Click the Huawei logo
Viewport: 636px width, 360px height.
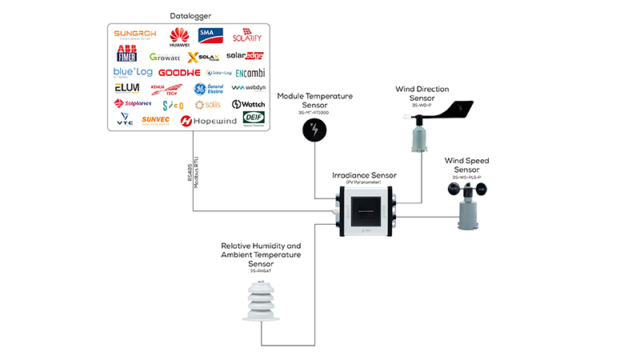pyautogui.click(x=179, y=36)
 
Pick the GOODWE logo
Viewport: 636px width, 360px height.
pyautogui.click(x=178, y=72)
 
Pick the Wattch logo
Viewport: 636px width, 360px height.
pyautogui.click(x=247, y=105)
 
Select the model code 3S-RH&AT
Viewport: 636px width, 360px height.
pyautogui.click(x=261, y=272)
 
